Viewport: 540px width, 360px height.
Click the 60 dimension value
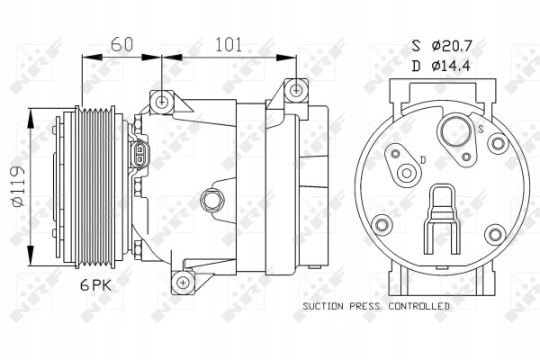[x=121, y=44]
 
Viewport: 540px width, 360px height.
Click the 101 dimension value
[x=229, y=44]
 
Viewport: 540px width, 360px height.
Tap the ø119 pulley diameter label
[x=18, y=186]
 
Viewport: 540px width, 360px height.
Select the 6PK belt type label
[x=96, y=285]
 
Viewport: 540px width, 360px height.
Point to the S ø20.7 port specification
[x=442, y=46]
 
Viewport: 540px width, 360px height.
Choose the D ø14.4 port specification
[x=441, y=66]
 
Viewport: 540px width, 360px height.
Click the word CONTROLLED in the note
[x=419, y=306]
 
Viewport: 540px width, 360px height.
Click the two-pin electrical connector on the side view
[x=139, y=154]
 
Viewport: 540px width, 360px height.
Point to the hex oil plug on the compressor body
[x=211, y=200]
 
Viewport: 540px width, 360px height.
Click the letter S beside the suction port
[x=481, y=129]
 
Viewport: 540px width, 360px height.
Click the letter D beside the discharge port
[x=424, y=160]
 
